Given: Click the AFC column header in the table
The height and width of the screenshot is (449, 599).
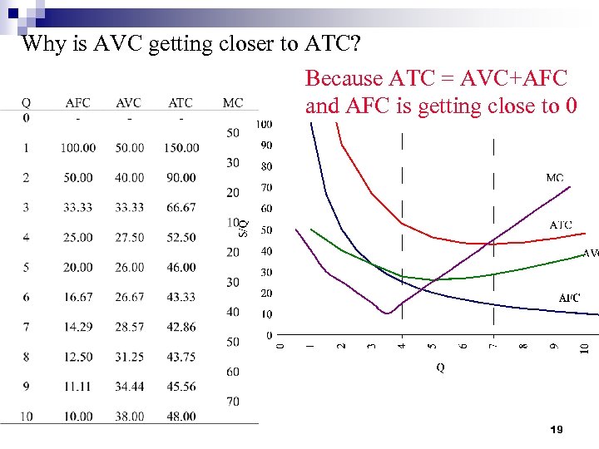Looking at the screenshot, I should point(77,103).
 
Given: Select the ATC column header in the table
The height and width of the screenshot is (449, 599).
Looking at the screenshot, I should point(181,103).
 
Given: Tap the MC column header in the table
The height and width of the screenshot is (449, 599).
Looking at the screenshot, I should point(233,103).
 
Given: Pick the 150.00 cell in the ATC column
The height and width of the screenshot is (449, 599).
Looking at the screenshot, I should point(181,148).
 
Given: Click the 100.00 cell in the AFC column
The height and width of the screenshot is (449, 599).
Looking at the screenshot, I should point(77,148).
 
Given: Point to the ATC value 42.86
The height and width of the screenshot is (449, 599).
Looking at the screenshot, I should point(181,328).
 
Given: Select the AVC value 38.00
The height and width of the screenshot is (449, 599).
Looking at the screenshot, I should point(129,417).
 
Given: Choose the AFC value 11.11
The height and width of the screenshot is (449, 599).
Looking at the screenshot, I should point(77,387).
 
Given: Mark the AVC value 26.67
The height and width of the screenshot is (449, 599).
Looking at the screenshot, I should point(129,298).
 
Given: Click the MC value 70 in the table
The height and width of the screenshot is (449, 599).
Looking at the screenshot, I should point(233,402).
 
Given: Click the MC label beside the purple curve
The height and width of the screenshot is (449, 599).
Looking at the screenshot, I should point(555,178).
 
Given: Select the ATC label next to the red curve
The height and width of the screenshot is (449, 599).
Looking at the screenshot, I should point(561,225).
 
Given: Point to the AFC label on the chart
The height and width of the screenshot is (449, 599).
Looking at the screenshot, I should point(569,298).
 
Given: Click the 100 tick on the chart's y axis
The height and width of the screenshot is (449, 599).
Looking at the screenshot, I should point(263,125).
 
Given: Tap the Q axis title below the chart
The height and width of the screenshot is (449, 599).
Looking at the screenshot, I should point(440,367).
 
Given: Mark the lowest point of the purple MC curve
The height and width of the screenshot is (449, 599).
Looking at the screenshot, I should point(386,313).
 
